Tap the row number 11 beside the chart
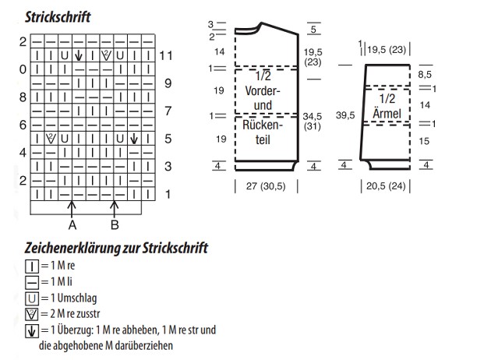165,55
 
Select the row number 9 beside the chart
168,83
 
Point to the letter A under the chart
72,225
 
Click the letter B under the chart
115,225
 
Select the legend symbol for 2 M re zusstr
31,313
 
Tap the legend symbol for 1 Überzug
31,329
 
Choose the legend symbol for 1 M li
31,281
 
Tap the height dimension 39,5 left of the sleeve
345,115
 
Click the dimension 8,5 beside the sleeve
426,74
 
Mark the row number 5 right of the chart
168,139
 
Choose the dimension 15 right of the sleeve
424,141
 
